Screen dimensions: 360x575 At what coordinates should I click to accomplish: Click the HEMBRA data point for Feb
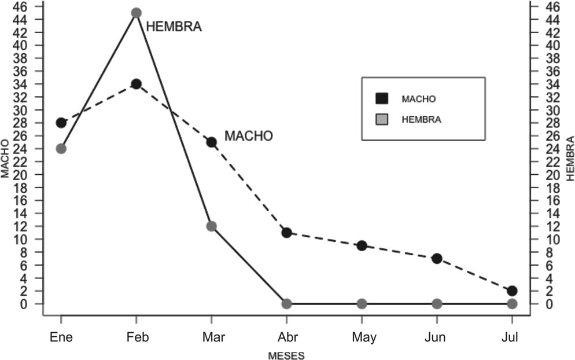pyautogui.click(x=136, y=13)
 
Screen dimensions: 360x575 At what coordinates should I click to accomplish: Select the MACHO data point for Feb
pyautogui.click(x=136, y=84)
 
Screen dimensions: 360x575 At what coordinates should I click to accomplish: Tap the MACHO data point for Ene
pyautogui.click(x=61, y=123)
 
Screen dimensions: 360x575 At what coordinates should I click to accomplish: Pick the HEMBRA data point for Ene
pyautogui.click(x=61, y=149)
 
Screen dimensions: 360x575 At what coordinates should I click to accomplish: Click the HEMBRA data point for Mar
pyautogui.click(x=211, y=226)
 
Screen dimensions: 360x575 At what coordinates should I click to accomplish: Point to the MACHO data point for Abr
pyautogui.click(x=286, y=233)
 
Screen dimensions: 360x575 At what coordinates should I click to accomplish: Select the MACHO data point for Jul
pyautogui.click(x=512, y=291)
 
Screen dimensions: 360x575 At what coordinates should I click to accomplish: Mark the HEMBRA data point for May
pyautogui.click(x=362, y=304)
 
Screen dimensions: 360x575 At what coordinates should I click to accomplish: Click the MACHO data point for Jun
pyautogui.click(x=437, y=258)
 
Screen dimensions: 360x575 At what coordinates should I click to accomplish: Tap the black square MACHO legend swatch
pyautogui.click(x=382, y=98)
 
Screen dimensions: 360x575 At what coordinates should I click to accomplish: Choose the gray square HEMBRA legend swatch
pyautogui.click(x=382, y=120)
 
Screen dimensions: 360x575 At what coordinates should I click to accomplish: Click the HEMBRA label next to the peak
pyautogui.click(x=174, y=27)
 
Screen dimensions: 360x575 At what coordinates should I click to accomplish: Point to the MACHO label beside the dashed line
pyautogui.click(x=248, y=137)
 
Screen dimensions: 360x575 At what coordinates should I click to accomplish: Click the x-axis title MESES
pyautogui.click(x=286, y=354)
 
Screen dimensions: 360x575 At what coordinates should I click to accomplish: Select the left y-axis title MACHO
pyautogui.click(x=6, y=157)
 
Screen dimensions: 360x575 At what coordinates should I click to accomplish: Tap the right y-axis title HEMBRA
pyautogui.click(x=569, y=158)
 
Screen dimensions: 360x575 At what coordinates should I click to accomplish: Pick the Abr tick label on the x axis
pyautogui.click(x=286, y=337)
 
